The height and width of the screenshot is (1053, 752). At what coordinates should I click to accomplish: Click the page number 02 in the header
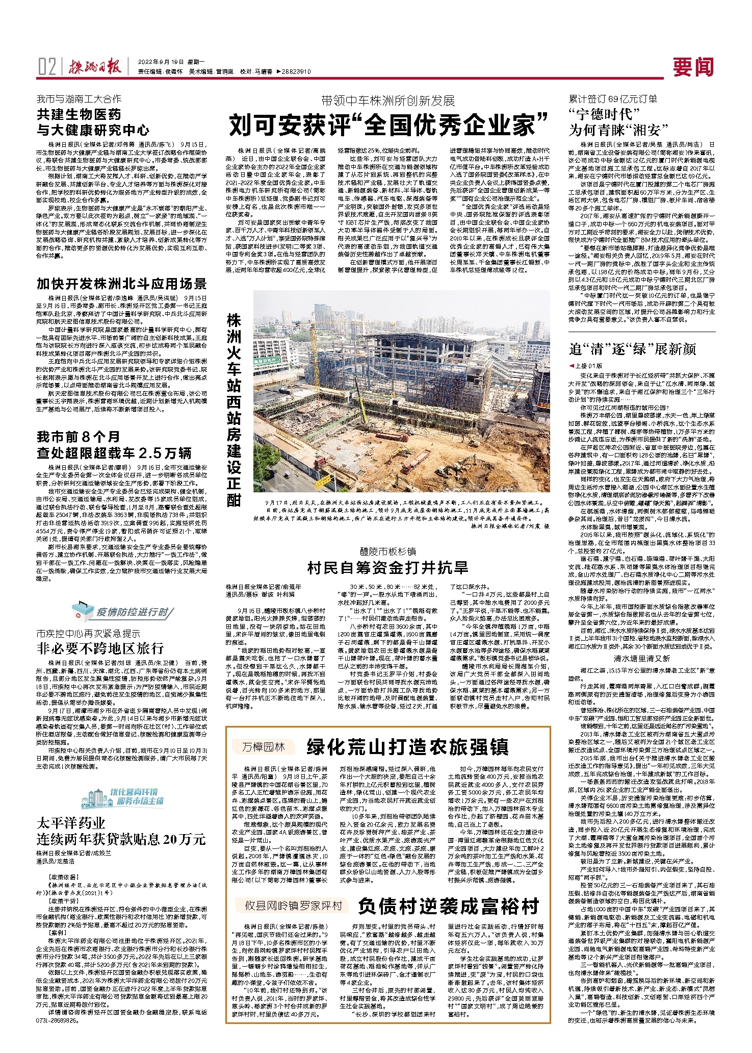(x=47, y=66)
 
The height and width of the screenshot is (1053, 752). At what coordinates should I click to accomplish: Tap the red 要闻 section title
(x=693, y=67)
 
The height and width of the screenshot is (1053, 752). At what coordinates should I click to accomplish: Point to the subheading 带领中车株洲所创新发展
(x=388, y=101)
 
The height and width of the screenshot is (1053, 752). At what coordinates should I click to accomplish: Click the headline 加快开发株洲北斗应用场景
(x=121, y=284)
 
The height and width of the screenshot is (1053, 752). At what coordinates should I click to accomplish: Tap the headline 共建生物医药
(x=79, y=114)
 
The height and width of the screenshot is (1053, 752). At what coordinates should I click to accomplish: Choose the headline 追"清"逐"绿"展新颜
(x=632, y=349)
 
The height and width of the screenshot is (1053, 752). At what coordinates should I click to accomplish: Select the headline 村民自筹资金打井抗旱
(x=388, y=567)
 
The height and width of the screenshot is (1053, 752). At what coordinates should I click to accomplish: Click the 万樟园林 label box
(x=263, y=747)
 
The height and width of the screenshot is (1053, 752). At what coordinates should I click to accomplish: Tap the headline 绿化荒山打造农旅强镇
(x=407, y=747)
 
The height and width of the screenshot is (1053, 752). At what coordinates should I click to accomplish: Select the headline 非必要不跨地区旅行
(x=100, y=648)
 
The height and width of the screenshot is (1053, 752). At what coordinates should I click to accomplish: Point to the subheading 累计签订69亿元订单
(x=613, y=99)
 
